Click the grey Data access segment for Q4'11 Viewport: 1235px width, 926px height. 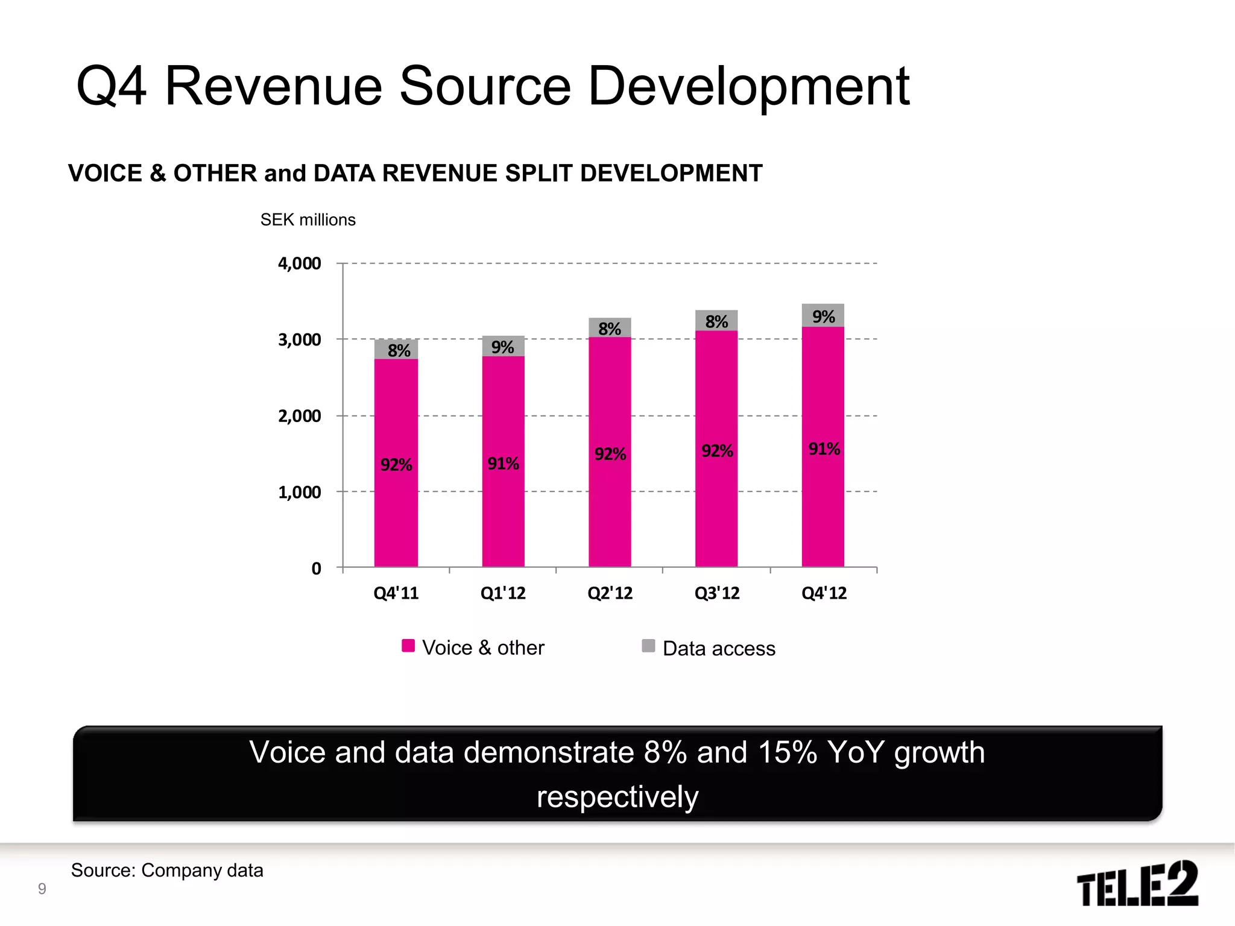(x=396, y=350)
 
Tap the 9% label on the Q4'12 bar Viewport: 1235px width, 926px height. (x=823, y=317)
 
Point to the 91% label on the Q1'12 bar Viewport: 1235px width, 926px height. (x=503, y=464)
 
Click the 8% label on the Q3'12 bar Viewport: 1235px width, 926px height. (x=716, y=321)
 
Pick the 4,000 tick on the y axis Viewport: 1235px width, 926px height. (x=299, y=263)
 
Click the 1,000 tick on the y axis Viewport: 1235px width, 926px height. (x=299, y=493)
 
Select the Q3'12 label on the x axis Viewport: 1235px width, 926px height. (x=716, y=593)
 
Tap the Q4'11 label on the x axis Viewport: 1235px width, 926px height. (x=396, y=593)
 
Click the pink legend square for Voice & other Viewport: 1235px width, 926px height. (x=408, y=646)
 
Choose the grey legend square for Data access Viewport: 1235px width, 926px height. (x=648, y=646)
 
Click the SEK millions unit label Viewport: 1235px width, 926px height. (x=308, y=220)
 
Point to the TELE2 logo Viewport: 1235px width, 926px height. (x=1137, y=883)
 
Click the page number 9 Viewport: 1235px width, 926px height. (x=42, y=889)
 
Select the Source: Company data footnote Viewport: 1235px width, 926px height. (x=167, y=871)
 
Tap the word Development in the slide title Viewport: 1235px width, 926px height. (x=748, y=87)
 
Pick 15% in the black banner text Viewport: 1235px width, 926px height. (x=787, y=752)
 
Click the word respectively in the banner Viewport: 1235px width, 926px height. (x=617, y=797)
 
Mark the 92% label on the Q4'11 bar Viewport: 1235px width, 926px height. (x=396, y=465)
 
